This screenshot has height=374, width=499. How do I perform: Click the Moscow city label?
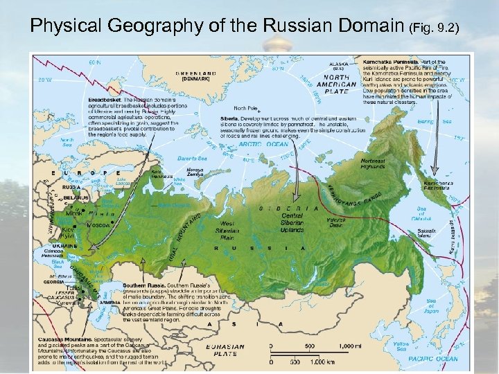98,226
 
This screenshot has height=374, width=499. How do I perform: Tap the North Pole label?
245,108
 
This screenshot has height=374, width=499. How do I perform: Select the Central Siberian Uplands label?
292,223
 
